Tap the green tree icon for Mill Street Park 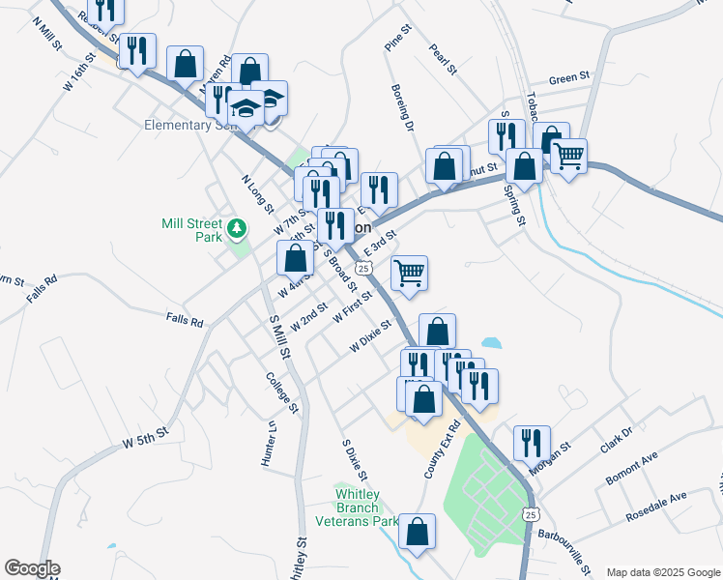pyautogui.click(x=237, y=230)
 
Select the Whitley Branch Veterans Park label pyautogui.click(x=366, y=507)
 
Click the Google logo pyautogui.click(x=32, y=568)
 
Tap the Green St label pyautogui.click(x=568, y=77)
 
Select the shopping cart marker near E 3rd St pyautogui.click(x=410, y=274)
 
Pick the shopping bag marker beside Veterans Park pyautogui.click(x=417, y=532)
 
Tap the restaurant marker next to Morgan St pyautogui.click(x=532, y=444)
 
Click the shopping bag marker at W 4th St pyautogui.click(x=295, y=258)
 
